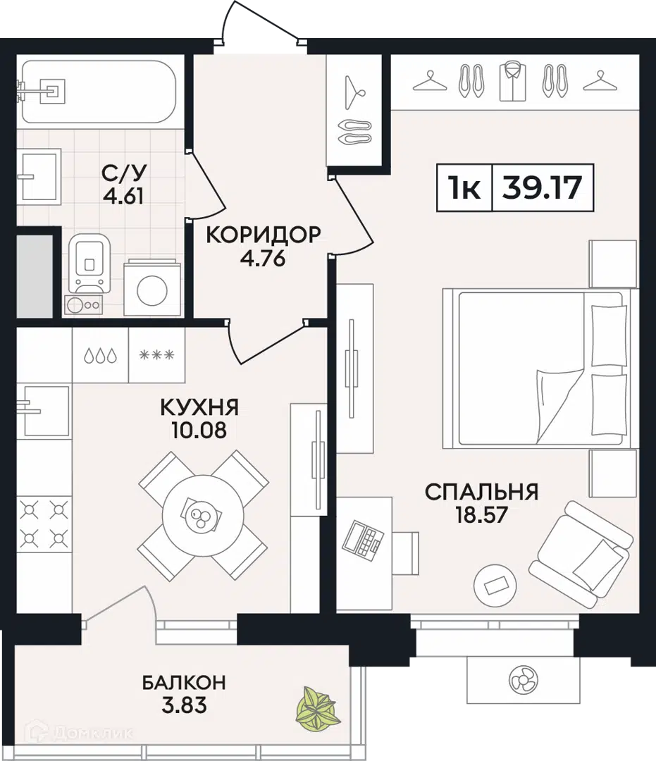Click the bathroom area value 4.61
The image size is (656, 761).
[x=123, y=197]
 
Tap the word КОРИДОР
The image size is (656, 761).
[x=264, y=235]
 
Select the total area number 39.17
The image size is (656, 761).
[x=542, y=187]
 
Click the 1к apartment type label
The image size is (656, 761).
[x=464, y=188]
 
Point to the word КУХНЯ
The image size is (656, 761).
[x=199, y=408]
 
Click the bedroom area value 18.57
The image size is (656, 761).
[x=481, y=515]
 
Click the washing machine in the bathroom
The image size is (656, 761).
[x=152, y=289]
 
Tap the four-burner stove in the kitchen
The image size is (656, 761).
[x=44, y=524]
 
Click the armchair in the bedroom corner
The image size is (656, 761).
[x=581, y=553]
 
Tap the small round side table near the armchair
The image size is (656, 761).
[x=495, y=586]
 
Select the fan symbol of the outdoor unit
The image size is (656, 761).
[x=524, y=680]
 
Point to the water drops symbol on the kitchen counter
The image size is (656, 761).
[x=101, y=356]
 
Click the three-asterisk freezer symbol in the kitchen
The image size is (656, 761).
[x=156, y=355]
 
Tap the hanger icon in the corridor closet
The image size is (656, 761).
[x=354, y=92]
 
